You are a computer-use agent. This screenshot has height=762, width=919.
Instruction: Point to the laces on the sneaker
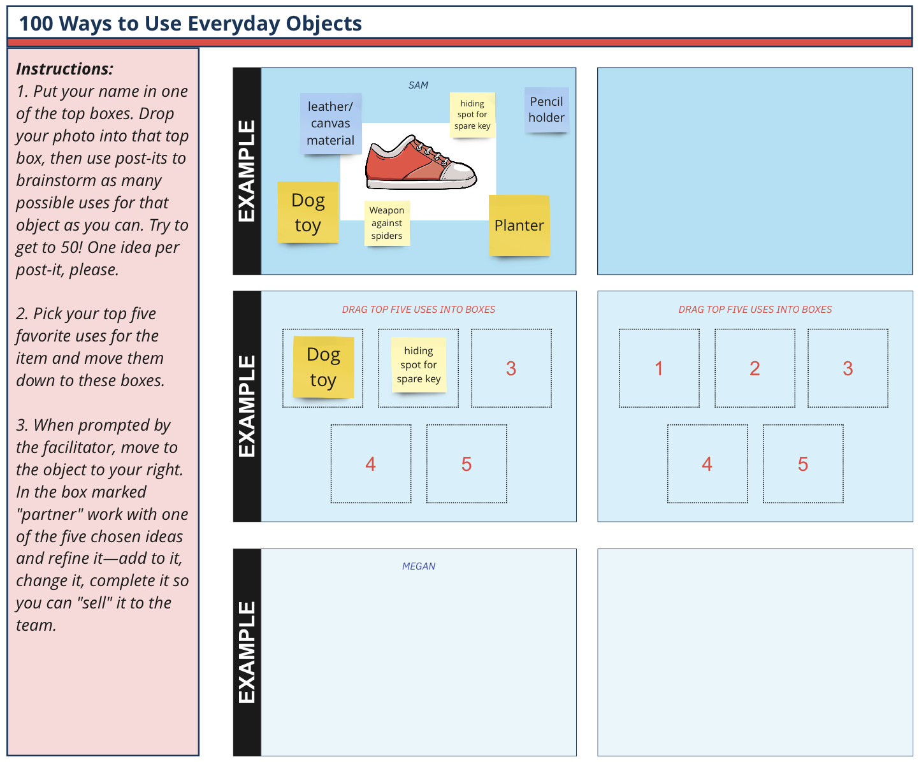tap(427, 150)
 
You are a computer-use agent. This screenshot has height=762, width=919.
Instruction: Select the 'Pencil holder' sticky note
tap(546, 110)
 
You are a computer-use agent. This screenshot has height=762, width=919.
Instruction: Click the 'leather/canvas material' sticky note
tap(331, 124)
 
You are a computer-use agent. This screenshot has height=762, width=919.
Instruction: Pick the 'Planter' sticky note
tap(519, 226)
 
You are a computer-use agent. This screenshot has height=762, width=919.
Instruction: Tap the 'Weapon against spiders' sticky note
tap(387, 223)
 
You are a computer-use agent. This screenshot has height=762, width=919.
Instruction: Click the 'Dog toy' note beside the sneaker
tap(308, 213)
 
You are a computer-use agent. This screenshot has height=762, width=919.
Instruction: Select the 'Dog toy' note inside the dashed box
tap(324, 367)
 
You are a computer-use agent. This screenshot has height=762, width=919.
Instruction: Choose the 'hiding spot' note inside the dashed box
tap(419, 364)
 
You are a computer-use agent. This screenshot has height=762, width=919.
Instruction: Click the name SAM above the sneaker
tap(418, 85)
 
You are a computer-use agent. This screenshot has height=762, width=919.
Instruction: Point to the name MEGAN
tap(419, 566)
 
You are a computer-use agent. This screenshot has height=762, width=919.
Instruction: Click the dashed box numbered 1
tap(659, 368)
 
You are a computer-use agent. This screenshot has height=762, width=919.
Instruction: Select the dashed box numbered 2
tap(755, 368)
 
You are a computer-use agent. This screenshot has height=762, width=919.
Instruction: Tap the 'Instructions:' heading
tap(65, 69)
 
